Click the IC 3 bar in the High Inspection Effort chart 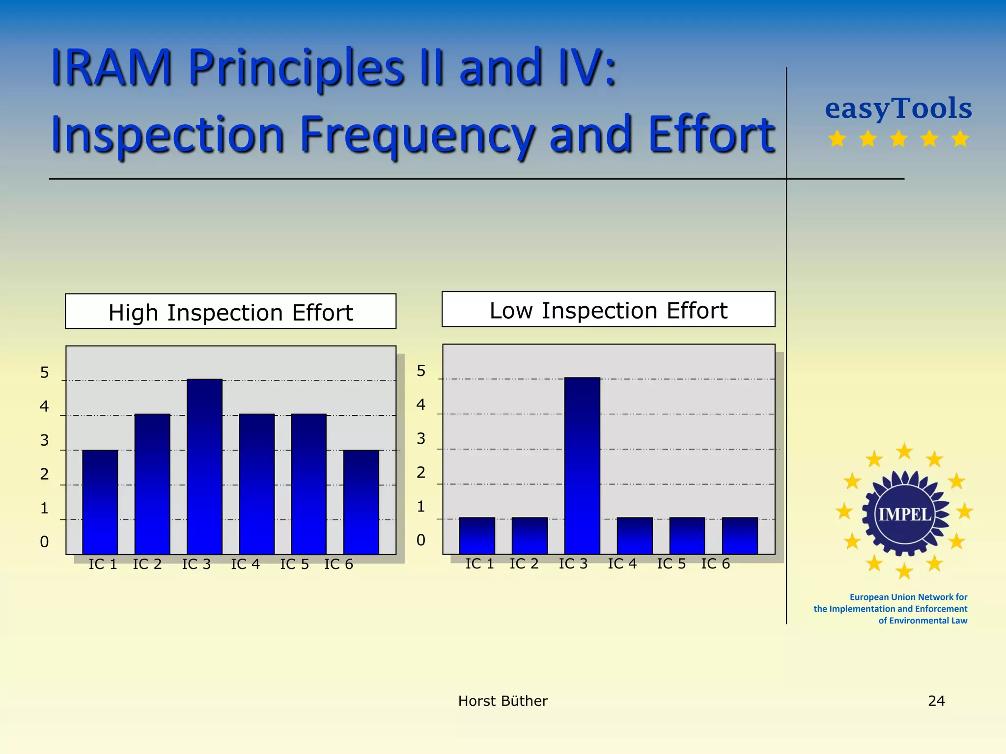pos(204,466)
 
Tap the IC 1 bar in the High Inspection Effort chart pos(100,502)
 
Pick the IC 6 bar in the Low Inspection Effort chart pos(740,536)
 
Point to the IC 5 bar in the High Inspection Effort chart pos(308,484)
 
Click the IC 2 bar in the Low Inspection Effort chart pos(530,536)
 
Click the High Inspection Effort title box pos(230,312)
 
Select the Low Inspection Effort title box pos(608,310)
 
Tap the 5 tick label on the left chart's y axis pos(44,373)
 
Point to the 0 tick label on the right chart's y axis pos(421,540)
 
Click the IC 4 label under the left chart pos(245,565)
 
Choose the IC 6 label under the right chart pos(715,564)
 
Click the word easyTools pos(898,108)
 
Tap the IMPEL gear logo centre pos(905,514)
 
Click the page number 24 pos(936,701)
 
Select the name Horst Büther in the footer pos(503,701)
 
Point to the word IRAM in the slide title pos(112,68)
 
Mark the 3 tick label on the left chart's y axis pos(44,440)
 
